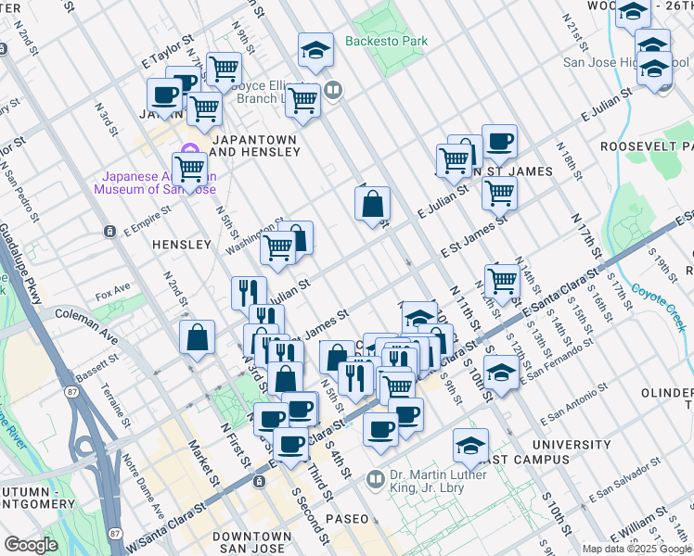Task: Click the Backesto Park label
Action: pos(386,41)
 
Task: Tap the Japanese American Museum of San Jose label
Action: pos(155,182)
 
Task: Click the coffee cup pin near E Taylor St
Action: pos(164,94)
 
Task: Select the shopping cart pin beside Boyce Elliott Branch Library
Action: pos(302,99)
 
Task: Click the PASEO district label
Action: pos(346,518)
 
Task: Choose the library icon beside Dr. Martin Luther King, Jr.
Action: pos(375,479)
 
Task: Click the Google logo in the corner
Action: pos(31,545)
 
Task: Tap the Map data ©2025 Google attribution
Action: pos(636,549)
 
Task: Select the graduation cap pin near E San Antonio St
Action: pos(500,374)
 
